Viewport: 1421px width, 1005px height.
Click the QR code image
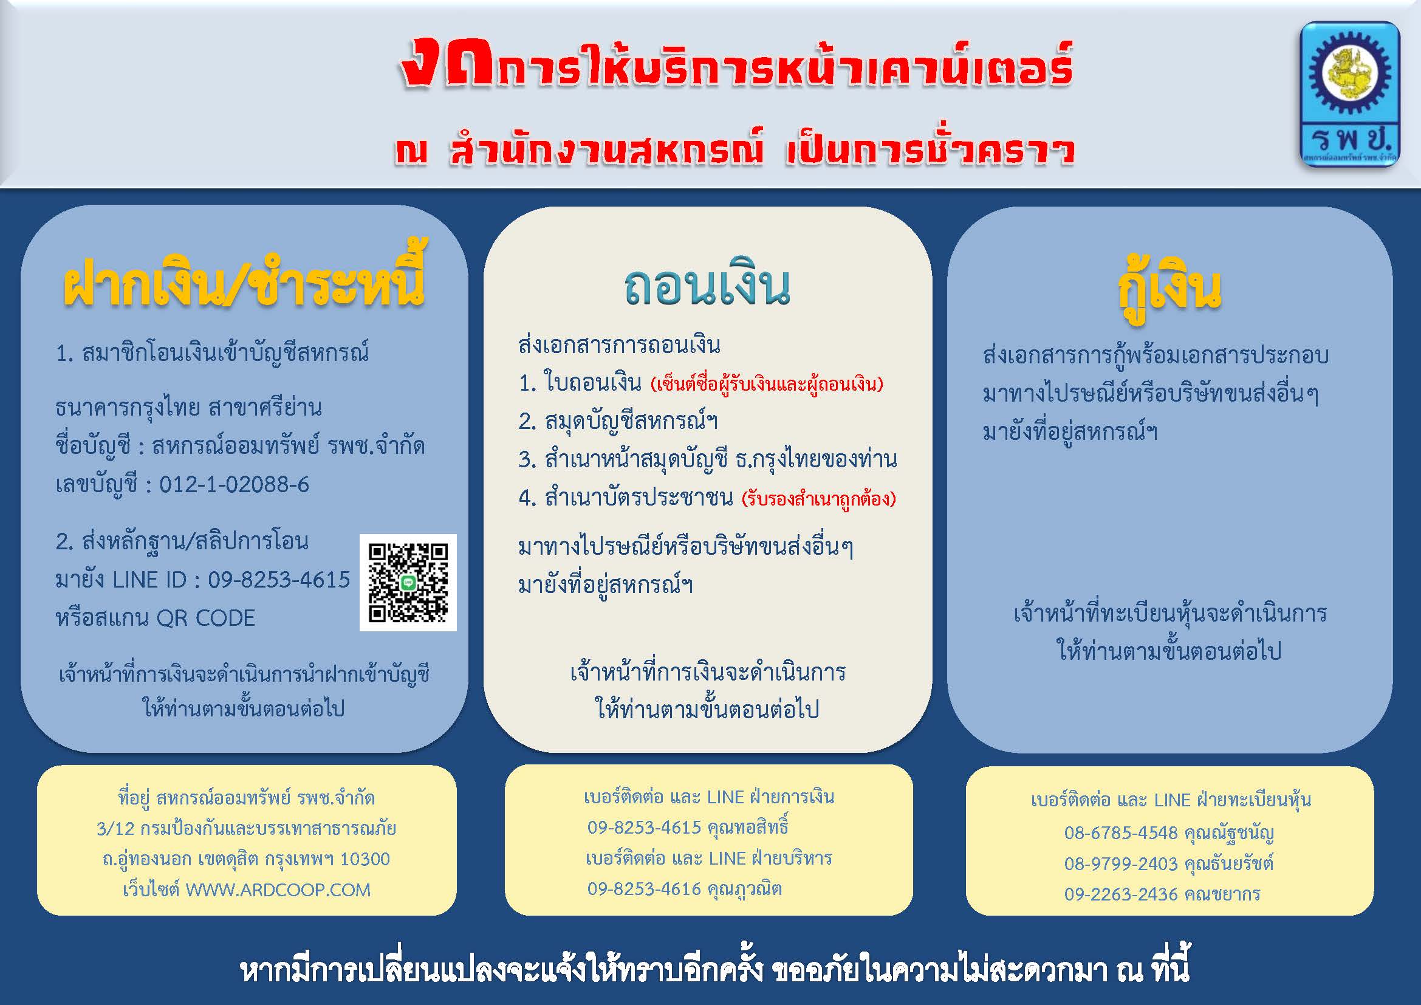[408, 582]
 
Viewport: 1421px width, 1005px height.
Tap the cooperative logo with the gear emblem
[1350, 94]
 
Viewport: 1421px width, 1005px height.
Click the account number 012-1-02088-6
[234, 484]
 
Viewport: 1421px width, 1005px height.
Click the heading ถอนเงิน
[707, 288]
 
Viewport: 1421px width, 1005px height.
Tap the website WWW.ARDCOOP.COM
[278, 890]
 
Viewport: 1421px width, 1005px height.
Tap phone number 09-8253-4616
[644, 889]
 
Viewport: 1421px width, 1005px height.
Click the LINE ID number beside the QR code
[279, 579]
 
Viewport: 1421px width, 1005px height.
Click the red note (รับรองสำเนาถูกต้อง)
[819, 499]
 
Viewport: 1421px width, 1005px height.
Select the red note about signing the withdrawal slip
[767, 384]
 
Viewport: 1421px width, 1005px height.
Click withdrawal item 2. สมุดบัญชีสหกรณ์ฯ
[618, 422]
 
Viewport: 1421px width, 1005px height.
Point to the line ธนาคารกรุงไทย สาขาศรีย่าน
[189, 408]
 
